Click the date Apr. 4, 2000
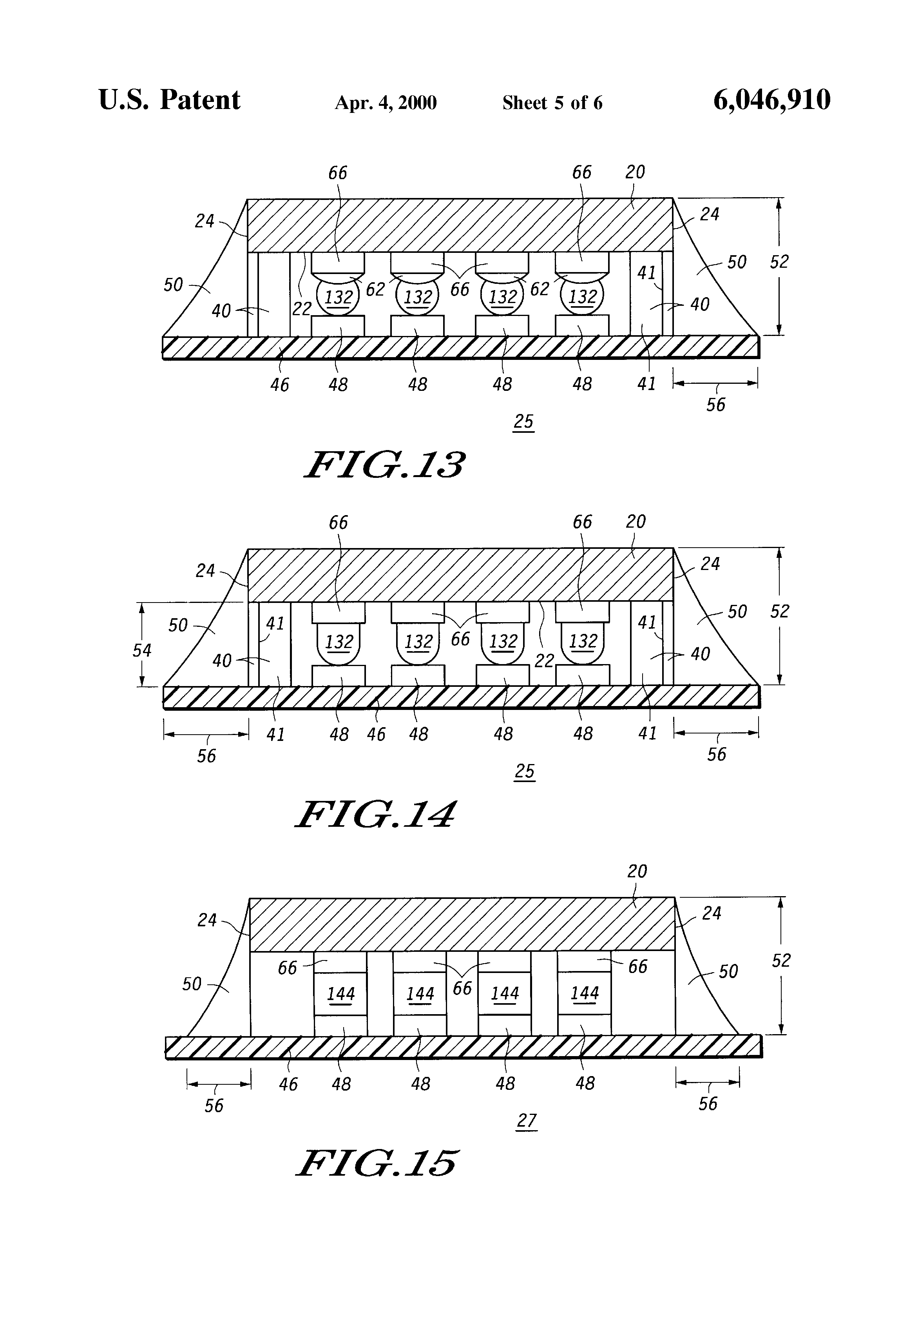point(386,103)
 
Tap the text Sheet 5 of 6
point(552,103)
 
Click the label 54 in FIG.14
point(142,650)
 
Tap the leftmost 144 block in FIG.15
point(341,993)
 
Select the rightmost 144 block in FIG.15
point(584,993)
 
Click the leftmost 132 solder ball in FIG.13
point(338,297)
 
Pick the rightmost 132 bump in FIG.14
point(583,641)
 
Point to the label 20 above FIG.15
point(637,871)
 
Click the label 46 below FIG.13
point(280,385)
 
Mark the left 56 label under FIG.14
point(206,755)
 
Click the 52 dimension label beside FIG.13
point(779,262)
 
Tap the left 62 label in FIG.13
point(375,289)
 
